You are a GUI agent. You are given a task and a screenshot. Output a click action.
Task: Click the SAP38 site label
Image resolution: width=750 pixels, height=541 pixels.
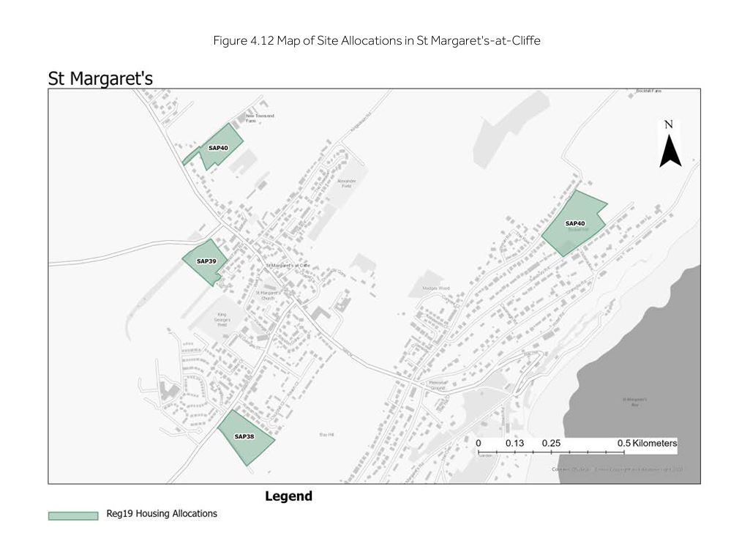pyautogui.click(x=244, y=436)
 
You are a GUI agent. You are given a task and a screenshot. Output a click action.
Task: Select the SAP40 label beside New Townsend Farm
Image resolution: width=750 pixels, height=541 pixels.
pyautogui.click(x=218, y=148)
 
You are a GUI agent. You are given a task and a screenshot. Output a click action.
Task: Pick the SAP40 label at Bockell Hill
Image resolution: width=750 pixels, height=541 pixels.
pyautogui.click(x=575, y=223)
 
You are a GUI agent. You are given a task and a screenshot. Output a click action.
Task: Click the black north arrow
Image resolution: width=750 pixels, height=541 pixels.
pyautogui.click(x=670, y=153)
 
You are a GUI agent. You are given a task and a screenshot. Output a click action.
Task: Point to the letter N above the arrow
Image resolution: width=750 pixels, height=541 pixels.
pyautogui.click(x=668, y=124)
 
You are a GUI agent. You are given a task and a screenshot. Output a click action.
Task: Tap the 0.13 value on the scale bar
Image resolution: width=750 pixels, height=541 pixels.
pyautogui.click(x=515, y=443)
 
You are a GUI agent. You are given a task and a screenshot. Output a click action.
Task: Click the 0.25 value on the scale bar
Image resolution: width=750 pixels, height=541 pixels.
pyautogui.click(x=552, y=443)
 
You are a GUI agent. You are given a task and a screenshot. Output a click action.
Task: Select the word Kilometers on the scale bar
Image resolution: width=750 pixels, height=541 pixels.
pyautogui.click(x=654, y=443)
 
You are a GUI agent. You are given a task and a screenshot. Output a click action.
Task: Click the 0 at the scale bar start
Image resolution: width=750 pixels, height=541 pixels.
pyautogui.click(x=479, y=443)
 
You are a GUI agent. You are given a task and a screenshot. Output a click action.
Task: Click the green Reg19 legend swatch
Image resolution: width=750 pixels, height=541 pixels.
pyautogui.click(x=73, y=515)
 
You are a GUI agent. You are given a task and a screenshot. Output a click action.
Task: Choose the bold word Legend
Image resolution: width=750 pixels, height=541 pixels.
pyautogui.click(x=288, y=496)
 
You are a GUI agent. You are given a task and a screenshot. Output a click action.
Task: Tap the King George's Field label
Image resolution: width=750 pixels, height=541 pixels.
pyautogui.click(x=223, y=320)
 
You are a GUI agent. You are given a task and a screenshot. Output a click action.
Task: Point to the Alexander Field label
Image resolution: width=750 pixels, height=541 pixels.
pyautogui.click(x=346, y=183)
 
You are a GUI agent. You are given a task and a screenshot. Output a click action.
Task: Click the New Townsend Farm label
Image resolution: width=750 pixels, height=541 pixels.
pyautogui.click(x=260, y=119)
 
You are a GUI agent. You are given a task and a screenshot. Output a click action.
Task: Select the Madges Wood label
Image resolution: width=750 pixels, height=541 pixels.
pyautogui.click(x=435, y=288)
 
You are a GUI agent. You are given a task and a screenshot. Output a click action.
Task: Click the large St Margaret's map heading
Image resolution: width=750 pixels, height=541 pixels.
pyautogui.click(x=100, y=78)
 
